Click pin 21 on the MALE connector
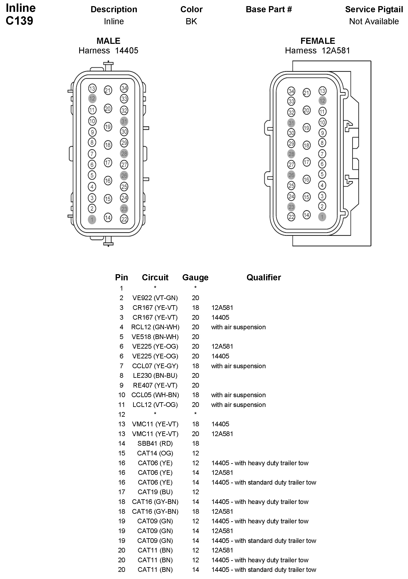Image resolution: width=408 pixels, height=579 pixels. (108, 90)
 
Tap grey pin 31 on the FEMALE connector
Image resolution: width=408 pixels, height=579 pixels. (291, 123)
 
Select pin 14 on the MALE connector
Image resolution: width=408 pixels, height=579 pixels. (108, 218)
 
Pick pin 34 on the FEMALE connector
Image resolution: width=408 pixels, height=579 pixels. (291, 91)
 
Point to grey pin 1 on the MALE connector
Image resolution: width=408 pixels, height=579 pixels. (92, 219)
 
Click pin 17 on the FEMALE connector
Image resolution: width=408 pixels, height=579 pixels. (306, 162)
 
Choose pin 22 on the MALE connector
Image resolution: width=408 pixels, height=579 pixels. (124, 219)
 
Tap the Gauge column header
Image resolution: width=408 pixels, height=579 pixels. (195, 277)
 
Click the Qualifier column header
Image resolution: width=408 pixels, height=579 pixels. (263, 277)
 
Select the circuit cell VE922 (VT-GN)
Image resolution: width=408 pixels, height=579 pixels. (155, 298)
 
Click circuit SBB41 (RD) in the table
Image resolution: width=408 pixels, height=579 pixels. (155, 443)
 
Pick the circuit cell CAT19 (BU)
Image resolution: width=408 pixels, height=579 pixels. (155, 492)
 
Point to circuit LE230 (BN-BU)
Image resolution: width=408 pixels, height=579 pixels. (155, 376)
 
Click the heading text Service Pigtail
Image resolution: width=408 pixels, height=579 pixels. (374, 9)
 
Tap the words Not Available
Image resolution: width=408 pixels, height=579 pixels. (374, 21)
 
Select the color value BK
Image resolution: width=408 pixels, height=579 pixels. (191, 21)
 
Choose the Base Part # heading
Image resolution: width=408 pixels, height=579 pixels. (269, 9)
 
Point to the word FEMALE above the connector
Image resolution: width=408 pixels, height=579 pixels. (318, 41)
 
